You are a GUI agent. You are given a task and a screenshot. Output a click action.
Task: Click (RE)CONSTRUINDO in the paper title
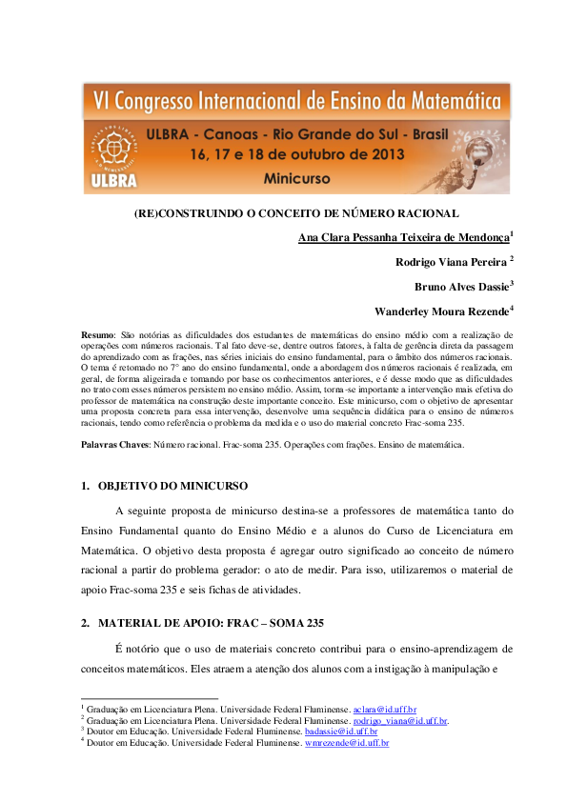click(x=182, y=212)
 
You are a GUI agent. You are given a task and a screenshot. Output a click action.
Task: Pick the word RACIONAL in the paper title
click(x=430, y=212)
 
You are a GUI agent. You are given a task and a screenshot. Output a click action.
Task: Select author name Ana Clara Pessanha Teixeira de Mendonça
click(x=404, y=237)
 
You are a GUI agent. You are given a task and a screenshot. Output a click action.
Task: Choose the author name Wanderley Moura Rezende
click(x=441, y=311)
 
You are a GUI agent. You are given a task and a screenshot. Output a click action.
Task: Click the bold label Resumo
click(x=98, y=335)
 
